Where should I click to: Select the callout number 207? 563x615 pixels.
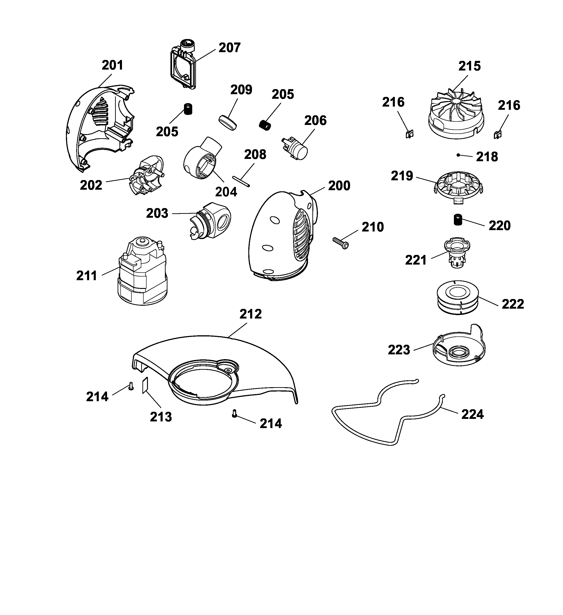point(229,48)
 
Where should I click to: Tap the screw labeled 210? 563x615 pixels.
point(341,243)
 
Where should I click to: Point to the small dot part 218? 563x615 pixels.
point(458,155)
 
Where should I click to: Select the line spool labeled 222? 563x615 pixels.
point(457,298)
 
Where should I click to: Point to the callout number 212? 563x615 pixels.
point(251,314)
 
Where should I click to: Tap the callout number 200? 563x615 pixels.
point(339,186)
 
